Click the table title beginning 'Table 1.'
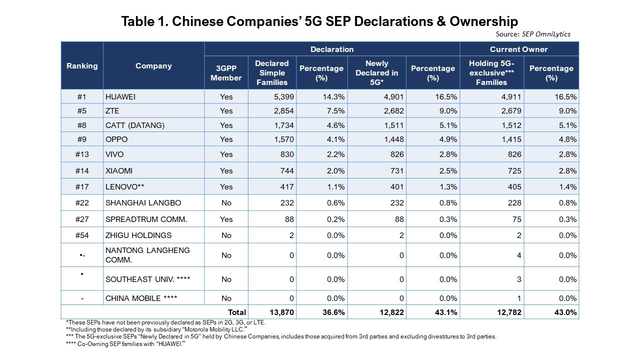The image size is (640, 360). coord(319,21)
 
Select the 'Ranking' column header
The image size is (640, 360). coord(82,65)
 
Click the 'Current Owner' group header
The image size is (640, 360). coord(518,49)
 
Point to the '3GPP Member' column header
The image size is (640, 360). coord(226,73)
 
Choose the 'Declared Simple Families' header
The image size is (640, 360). coord(271,72)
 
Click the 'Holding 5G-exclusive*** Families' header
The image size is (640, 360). coord(491,72)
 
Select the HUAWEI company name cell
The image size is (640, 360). coord(120,97)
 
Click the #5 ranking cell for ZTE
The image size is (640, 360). coord(82,111)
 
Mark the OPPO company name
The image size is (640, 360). coord(116,139)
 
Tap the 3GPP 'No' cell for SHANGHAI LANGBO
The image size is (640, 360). coord(226,202)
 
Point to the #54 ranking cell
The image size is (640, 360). coord(82,235)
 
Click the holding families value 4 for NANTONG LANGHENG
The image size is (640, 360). coord(519,255)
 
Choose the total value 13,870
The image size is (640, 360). coord(281,312)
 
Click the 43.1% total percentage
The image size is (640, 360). coord(444,312)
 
